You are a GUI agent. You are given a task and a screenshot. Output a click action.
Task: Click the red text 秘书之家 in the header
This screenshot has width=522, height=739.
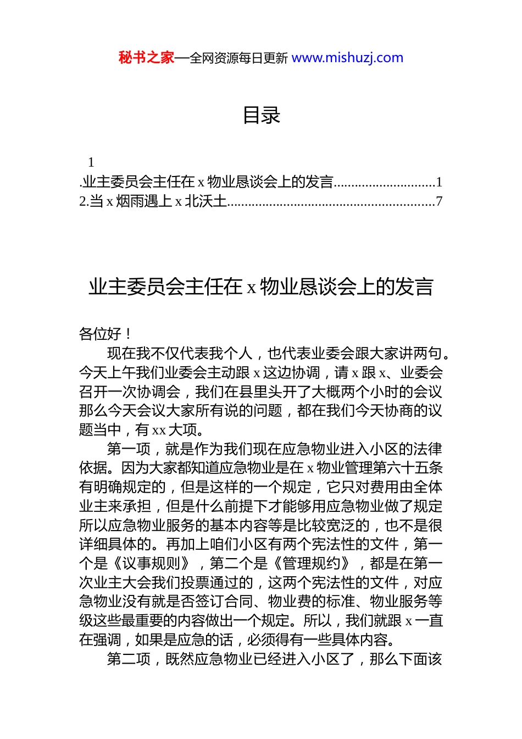146,58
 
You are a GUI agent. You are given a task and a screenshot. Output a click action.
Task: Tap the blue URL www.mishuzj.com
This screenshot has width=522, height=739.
347,58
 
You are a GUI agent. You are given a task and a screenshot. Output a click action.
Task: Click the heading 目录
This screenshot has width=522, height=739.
262,115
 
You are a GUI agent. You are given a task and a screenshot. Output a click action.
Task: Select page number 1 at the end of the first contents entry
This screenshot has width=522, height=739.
438,182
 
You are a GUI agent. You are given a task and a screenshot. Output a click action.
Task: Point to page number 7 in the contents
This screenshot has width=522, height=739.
438,201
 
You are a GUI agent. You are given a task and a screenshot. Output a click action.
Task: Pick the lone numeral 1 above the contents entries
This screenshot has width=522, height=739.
91,162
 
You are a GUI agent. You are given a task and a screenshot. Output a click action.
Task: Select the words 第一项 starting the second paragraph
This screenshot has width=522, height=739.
129,449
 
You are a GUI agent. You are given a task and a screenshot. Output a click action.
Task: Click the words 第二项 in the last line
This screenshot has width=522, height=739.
129,659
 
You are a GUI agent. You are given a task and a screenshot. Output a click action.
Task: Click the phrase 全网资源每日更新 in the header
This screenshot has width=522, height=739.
238,58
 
